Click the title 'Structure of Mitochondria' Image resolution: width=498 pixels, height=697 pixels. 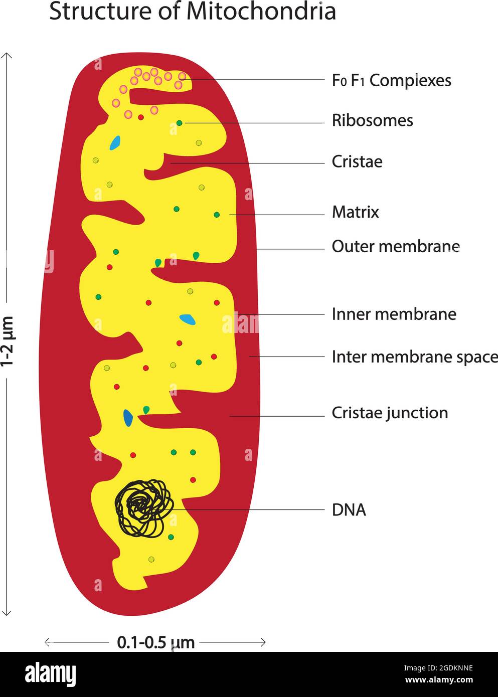[192, 12]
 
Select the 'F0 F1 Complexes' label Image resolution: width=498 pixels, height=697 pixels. [391, 80]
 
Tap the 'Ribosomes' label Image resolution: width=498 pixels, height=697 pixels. [372, 120]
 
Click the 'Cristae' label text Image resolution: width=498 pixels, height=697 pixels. [357, 161]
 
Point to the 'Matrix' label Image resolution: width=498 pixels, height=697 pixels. [355, 212]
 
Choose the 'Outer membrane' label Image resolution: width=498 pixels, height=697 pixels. [395, 246]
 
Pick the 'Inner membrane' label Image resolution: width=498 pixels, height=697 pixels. [394, 314]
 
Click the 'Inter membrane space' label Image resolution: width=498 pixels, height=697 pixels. [414, 357]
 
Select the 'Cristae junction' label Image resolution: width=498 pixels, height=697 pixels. [390, 413]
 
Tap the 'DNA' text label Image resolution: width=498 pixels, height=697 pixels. [349, 510]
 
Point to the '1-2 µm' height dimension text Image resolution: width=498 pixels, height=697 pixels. [7, 341]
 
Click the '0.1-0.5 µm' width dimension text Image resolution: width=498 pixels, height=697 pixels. [155, 642]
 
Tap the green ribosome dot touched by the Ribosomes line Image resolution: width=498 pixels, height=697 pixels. [179, 123]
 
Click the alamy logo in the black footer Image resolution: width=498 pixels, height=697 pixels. [50, 674]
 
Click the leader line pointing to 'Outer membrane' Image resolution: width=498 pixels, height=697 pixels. [291, 249]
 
